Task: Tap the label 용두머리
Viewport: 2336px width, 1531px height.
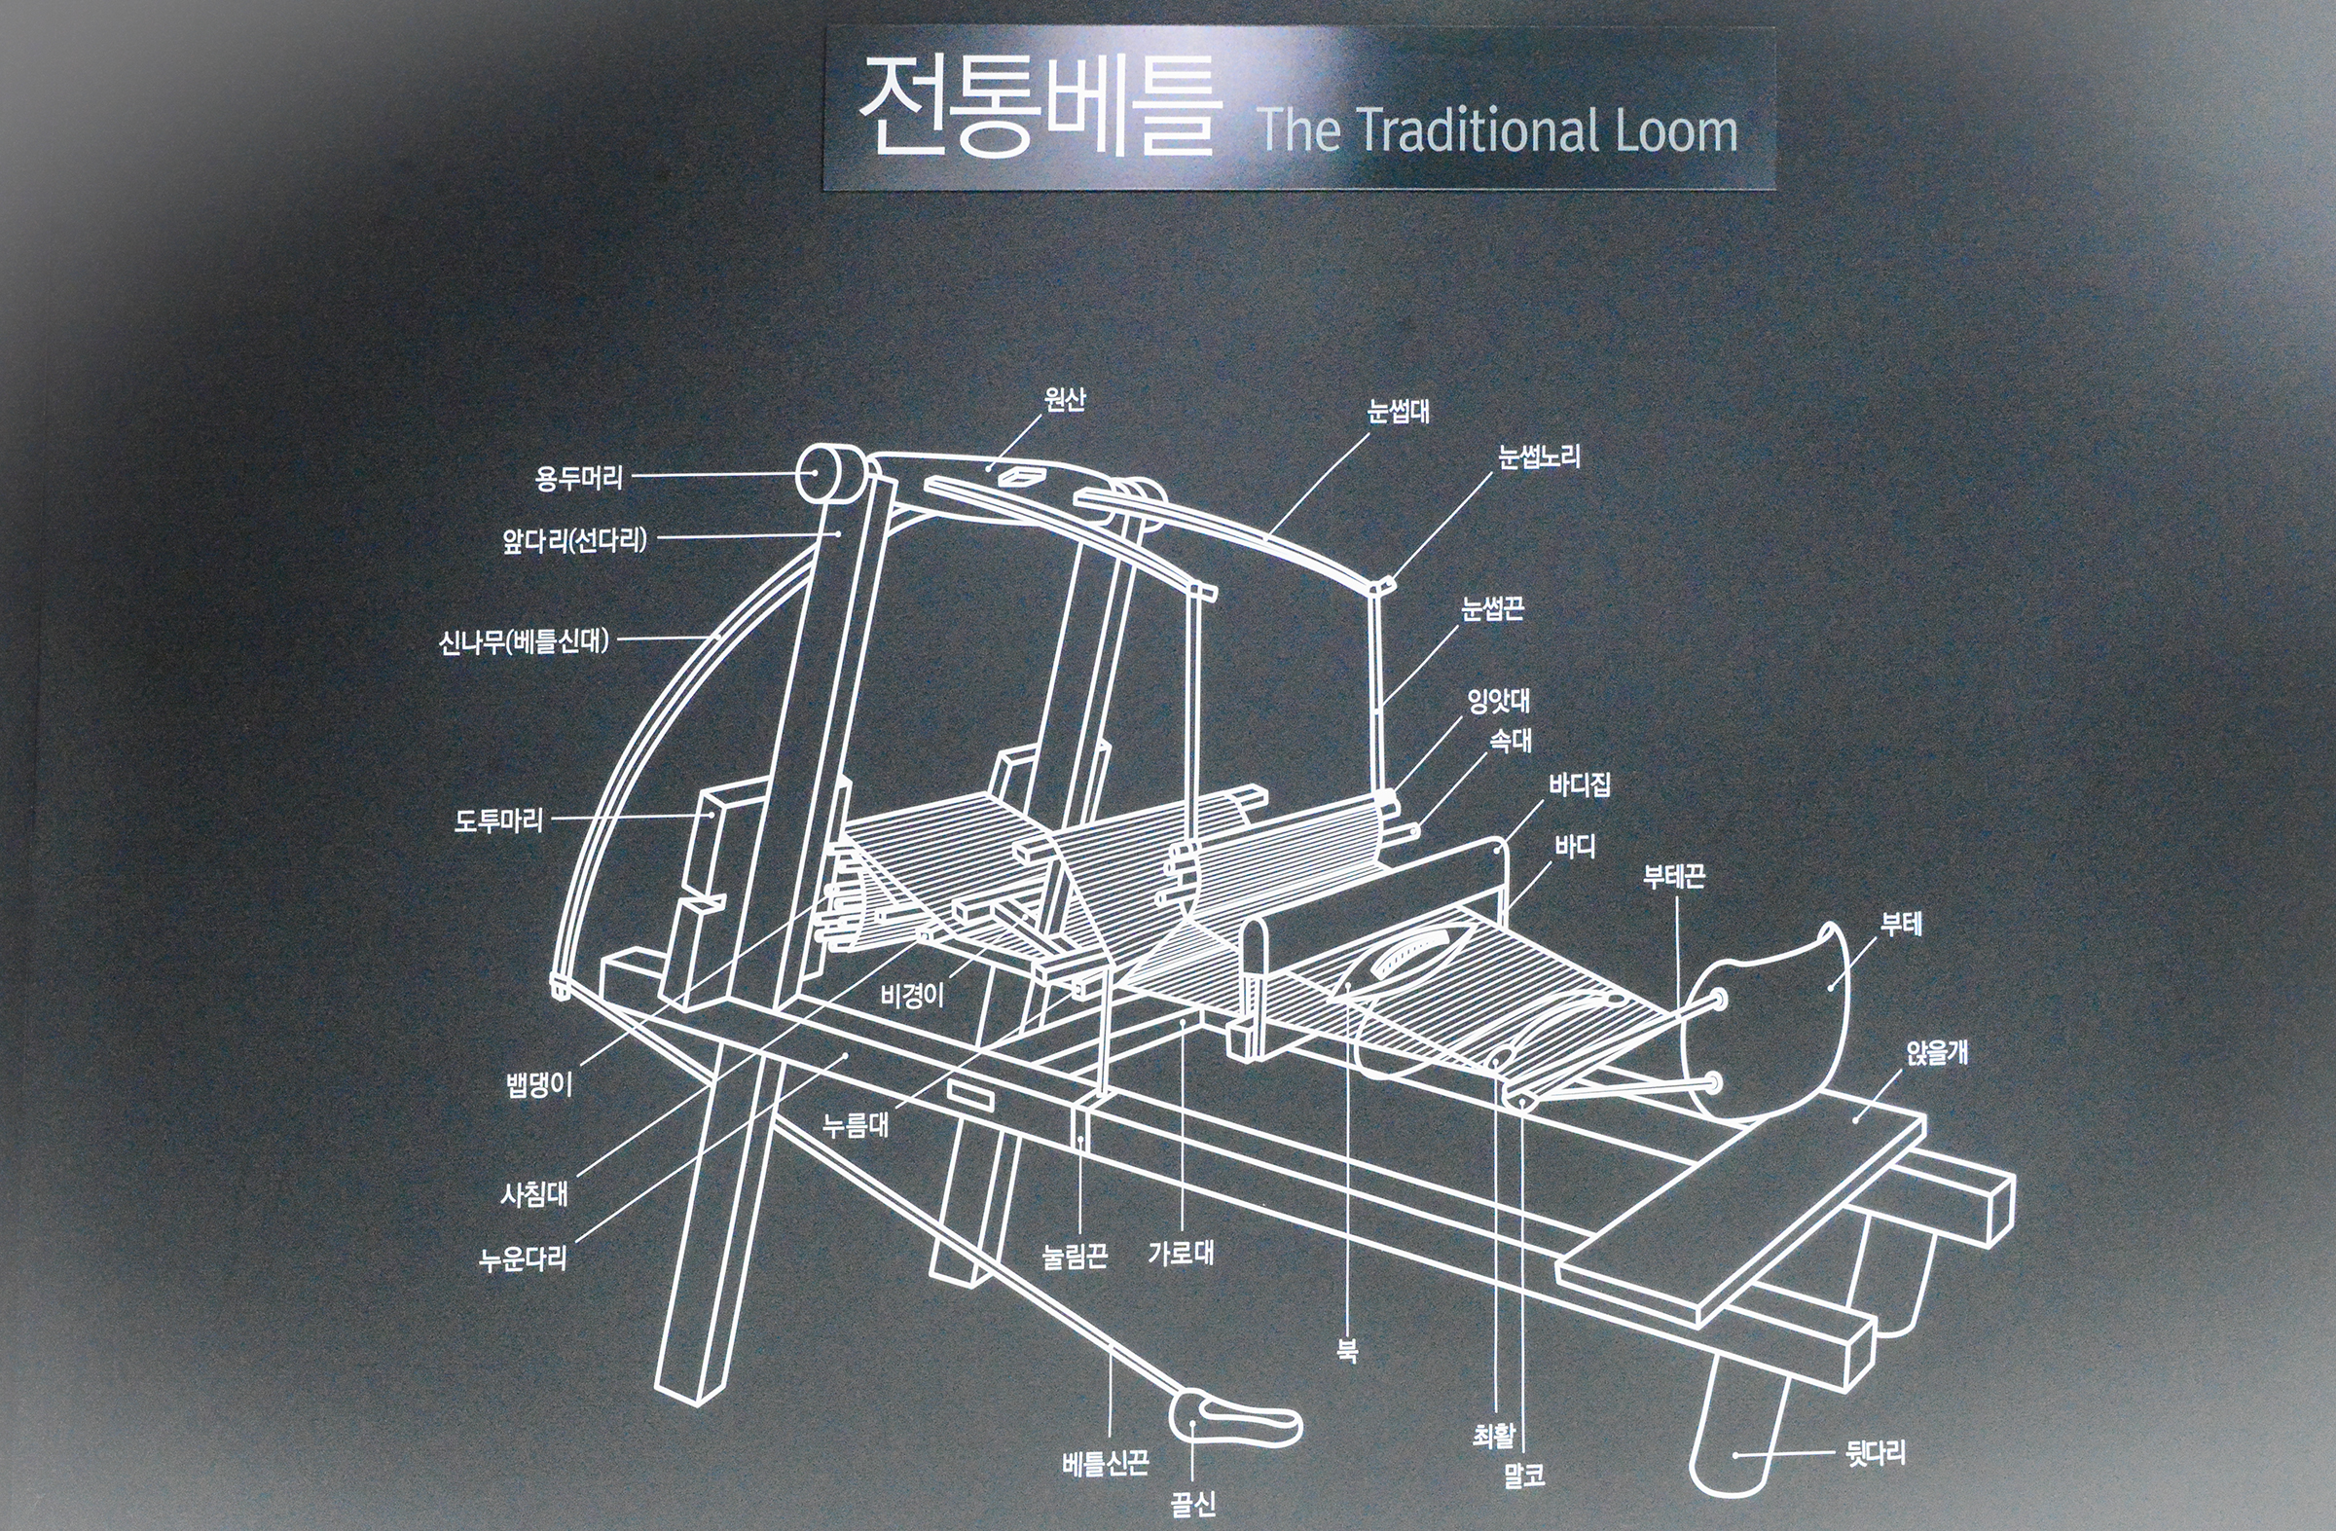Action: coord(579,479)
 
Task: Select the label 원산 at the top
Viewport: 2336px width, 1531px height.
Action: coord(1065,399)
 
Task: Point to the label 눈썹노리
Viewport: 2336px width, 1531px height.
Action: coord(1540,456)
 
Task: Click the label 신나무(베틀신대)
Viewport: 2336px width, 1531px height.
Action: coord(524,642)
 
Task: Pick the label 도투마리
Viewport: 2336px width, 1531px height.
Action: coord(498,820)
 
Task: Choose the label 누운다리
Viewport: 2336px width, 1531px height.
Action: coord(523,1259)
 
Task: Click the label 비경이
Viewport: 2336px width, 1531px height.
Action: coord(913,996)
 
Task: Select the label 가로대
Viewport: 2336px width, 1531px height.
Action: coord(1182,1253)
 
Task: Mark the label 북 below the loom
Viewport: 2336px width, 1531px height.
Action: coord(1348,1351)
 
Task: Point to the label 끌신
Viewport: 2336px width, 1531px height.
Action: coord(1193,1504)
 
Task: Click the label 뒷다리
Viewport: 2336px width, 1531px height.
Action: coord(1876,1453)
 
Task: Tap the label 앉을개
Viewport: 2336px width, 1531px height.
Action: coord(1938,1054)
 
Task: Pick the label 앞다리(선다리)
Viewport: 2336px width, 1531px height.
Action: coord(575,540)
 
